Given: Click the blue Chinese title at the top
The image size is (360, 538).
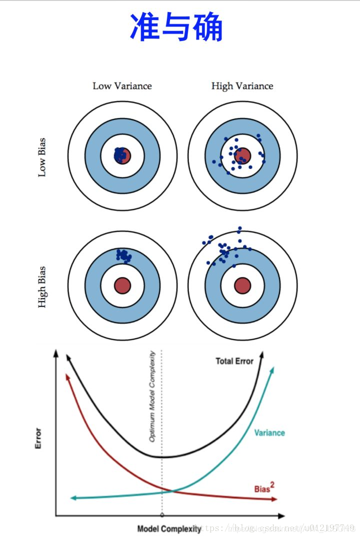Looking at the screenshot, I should point(176,27).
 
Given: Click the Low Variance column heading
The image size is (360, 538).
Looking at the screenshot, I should point(122,86).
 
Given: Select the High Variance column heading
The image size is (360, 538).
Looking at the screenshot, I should point(242,86).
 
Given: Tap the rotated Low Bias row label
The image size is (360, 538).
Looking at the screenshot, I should point(42,157).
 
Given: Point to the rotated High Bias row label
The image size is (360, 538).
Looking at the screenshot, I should point(42,286).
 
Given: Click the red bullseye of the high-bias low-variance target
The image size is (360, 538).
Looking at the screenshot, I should point(122,285).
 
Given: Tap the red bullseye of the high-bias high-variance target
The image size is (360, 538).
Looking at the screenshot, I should point(242,285).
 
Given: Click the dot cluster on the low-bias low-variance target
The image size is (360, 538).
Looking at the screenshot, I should point(120,155).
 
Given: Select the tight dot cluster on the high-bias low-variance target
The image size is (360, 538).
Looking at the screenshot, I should point(123,255).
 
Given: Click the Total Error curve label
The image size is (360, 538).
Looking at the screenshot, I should point(234,361).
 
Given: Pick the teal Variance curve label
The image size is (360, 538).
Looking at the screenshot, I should point(269,432).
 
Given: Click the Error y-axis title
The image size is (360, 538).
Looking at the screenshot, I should point(38,438).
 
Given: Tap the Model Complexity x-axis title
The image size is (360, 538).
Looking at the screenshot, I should point(169,528).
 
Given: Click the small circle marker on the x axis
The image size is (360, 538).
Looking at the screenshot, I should point(161,515).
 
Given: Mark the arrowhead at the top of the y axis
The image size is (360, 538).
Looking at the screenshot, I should point(55,354).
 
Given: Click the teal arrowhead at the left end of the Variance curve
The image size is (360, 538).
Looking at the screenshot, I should point(73,498).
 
